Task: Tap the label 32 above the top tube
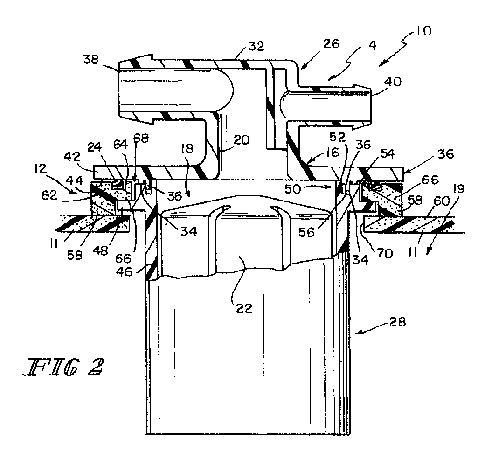[x=256, y=46]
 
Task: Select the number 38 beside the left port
[x=91, y=59]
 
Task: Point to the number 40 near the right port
[x=393, y=82]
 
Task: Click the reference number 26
[x=331, y=44]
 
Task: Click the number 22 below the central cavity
[x=244, y=308]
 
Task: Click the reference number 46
[x=124, y=271]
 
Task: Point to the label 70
[x=385, y=253]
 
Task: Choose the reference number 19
[x=460, y=189]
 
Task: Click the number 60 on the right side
[x=441, y=201]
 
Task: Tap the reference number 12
[x=41, y=169]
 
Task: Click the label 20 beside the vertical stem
[x=241, y=140]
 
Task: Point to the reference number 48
[x=100, y=250]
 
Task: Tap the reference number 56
[x=306, y=232]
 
